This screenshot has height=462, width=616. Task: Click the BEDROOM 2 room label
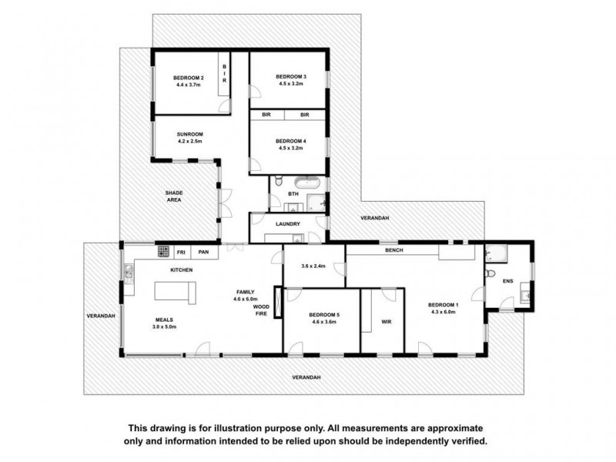(188, 78)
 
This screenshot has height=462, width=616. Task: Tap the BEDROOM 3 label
(291, 77)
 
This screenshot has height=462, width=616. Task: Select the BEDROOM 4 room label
(291, 141)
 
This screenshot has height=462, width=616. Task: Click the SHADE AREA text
(173, 196)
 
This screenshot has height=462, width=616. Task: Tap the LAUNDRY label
(288, 224)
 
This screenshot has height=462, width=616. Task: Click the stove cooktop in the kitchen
(163, 251)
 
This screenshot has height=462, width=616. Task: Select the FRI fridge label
(182, 252)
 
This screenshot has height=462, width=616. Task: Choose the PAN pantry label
(203, 252)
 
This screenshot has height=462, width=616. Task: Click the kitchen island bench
(176, 291)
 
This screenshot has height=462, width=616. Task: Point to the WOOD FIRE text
(261, 310)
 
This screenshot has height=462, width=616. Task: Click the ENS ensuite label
(507, 281)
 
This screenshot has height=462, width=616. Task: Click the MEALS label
(162, 320)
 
